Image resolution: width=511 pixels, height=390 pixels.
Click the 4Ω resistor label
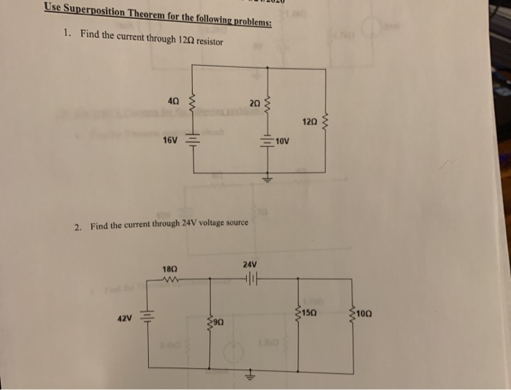174,100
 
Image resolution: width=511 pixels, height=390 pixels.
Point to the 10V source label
284,140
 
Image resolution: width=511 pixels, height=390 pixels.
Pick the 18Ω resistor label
170,269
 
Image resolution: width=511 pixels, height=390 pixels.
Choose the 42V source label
126,318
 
